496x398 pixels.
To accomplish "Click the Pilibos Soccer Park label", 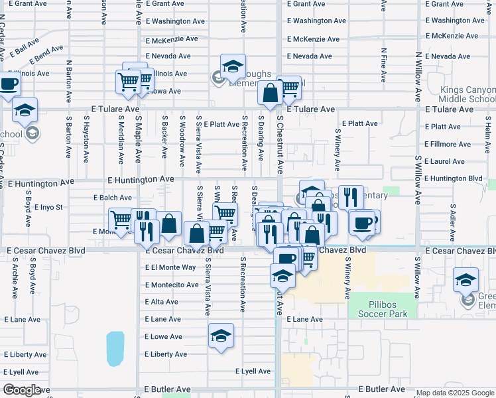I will point(381,308).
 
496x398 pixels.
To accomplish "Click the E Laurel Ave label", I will point(446,161).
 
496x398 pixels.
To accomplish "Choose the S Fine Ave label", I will point(384,65).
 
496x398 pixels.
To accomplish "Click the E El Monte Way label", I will point(170,267).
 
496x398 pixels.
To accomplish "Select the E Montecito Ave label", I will point(172,285).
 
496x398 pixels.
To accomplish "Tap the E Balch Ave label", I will point(112,198).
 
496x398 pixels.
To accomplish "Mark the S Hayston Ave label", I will point(86,139).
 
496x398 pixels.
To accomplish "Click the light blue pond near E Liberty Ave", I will point(115,349).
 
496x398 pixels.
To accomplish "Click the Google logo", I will point(23,390).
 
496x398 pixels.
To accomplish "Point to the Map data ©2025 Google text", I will point(456,393).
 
